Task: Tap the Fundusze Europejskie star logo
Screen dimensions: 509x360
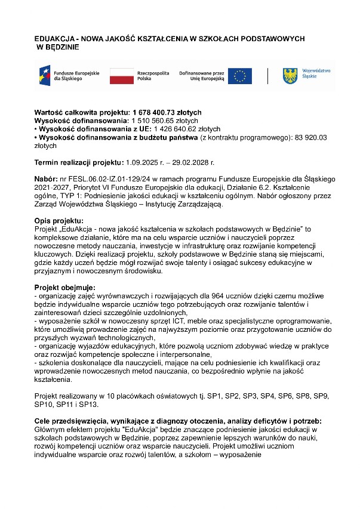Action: click(x=44, y=76)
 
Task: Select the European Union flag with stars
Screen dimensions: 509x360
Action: click(x=239, y=76)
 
